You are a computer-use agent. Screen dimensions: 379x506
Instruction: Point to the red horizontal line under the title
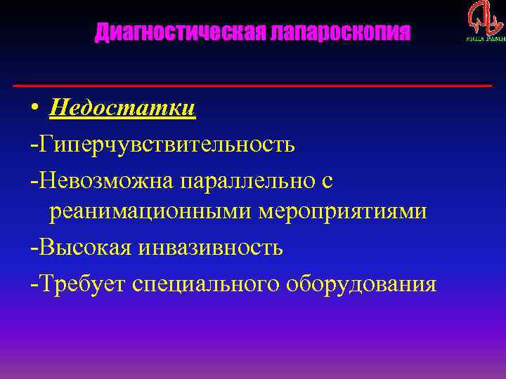coord(253,86)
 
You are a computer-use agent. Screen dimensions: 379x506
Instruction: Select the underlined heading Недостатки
coord(122,109)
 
